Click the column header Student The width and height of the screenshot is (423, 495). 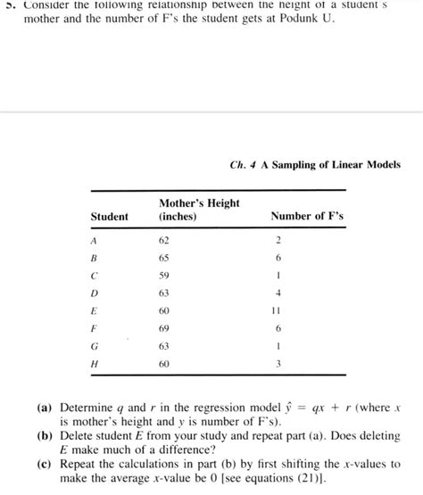109,217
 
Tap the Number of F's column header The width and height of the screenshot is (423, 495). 306,217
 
